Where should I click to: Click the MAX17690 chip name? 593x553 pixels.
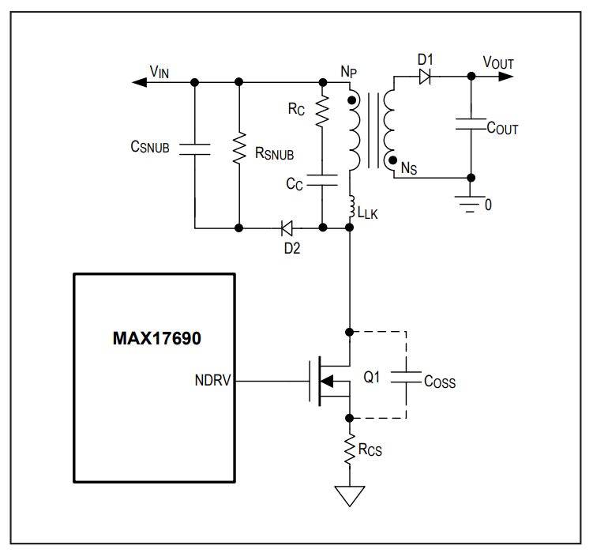tap(157, 338)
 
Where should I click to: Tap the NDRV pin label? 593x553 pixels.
tap(212, 380)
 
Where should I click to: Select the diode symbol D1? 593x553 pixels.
tap(425, 77)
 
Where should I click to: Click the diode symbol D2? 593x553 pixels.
tap(287, 228)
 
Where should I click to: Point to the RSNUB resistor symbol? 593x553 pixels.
tap(239, 149)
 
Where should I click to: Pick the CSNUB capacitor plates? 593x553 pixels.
tap(195, 149)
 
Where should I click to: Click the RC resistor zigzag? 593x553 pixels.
tap(323, 111)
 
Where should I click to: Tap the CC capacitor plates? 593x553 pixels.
tap(322, 180)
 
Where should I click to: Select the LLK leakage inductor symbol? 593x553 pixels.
tap(351, 207)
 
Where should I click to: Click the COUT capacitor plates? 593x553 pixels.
tap(471, 125)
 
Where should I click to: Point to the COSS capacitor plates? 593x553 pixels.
tap(406, 378)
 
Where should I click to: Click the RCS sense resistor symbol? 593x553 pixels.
tap(350, 449)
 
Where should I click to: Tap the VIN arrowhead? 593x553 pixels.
tap(139, 82)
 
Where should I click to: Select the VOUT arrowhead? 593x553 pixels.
tap(506, 77)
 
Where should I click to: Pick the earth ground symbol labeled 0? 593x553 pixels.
tap(470, 205)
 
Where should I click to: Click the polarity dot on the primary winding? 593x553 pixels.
tap(351, 100)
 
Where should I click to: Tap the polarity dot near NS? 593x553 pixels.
tap(393, 160)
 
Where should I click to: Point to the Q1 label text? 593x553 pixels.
tap(371, 377)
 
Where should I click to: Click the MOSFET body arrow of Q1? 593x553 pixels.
tap(327, 382)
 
